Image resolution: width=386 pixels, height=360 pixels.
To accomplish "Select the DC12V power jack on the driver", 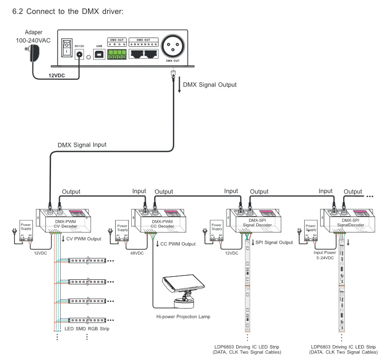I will pyautogui.click(x=80, y=56).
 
